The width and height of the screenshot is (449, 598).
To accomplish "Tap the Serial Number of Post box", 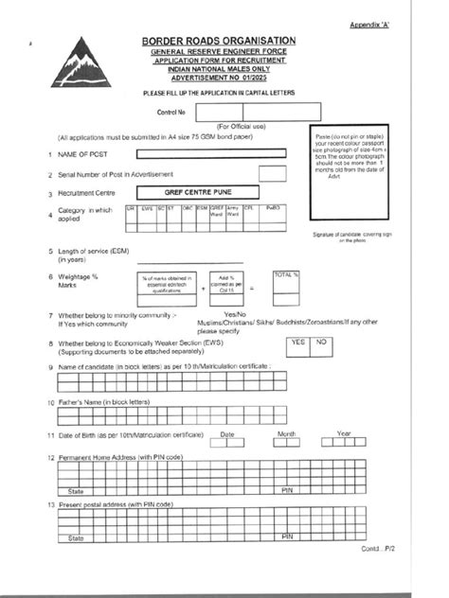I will click(273, 174).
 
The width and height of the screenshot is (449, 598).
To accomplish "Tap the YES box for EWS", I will click(296, 342).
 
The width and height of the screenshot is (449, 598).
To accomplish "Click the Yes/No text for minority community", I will click(233, 313).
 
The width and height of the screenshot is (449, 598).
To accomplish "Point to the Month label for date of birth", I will click(287, 433).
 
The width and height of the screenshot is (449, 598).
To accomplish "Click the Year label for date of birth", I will click(343, 433).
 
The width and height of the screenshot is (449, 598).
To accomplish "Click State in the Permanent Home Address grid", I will click(76, 492).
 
